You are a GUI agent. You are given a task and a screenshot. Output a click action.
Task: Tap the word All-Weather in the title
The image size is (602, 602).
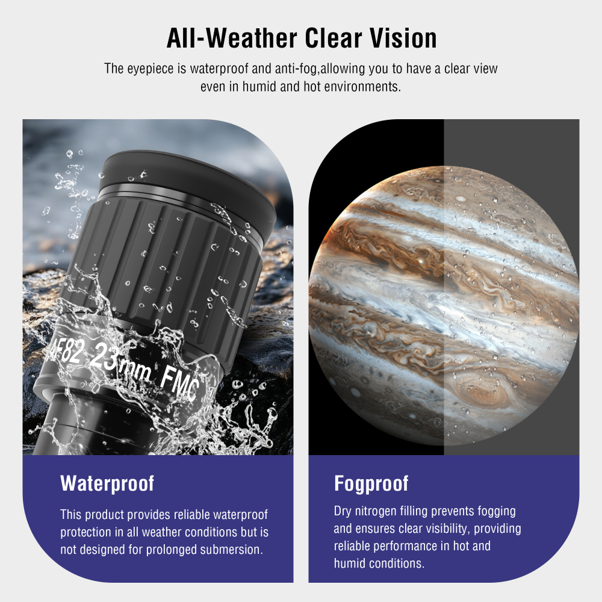click(232, 39)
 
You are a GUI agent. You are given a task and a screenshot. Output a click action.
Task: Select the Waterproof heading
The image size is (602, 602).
click(107, 483)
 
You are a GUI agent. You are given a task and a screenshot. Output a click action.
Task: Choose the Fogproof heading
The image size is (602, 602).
click(371, 483)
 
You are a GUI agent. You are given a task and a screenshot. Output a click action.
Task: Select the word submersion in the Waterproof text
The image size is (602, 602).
click(232, 550)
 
